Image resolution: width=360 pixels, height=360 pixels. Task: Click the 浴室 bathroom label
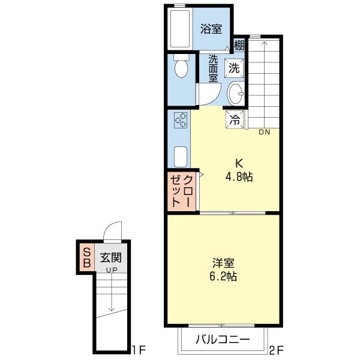click(211, 28)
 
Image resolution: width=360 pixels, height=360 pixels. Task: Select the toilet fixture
click(180, 68)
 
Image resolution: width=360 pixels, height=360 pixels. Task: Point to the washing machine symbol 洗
click(234, 68)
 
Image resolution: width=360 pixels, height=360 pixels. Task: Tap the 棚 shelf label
click(239, 45)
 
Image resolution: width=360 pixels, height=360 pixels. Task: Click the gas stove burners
click(181, 120)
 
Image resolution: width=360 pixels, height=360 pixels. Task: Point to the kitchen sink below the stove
click(180, 156)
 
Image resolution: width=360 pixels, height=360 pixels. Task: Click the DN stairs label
click(265, 132)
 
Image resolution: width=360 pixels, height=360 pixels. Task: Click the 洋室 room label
click(223, 263)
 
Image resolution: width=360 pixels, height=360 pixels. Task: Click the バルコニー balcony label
click(223, 340)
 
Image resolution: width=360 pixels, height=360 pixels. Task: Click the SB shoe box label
click(86, 257)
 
